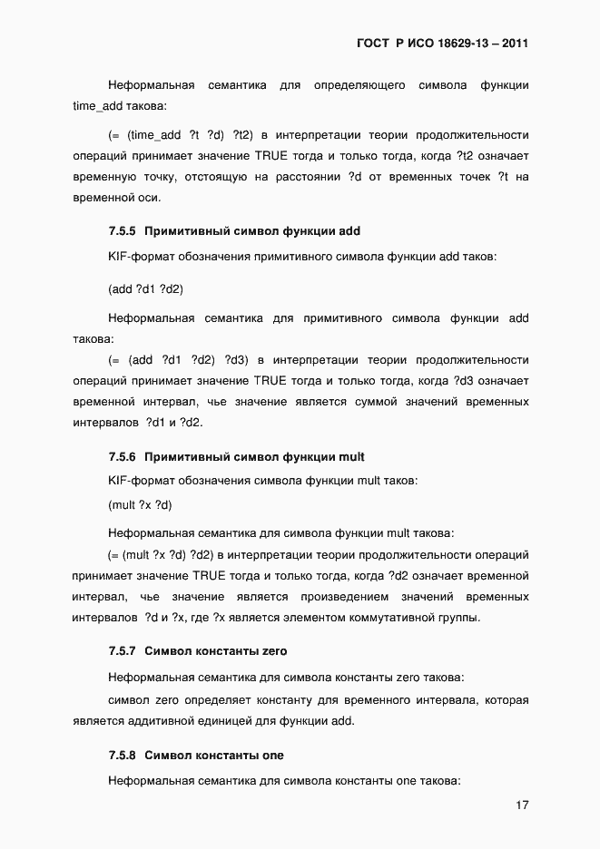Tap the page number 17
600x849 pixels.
point(521,805)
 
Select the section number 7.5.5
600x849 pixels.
point(122,231)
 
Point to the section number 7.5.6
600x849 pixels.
point(122,456)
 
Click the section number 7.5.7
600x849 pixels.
point(122,651)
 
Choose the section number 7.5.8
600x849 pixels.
point(122,756)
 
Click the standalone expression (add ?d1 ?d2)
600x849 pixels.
point(145,289)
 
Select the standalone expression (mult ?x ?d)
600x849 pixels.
point(140,504)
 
